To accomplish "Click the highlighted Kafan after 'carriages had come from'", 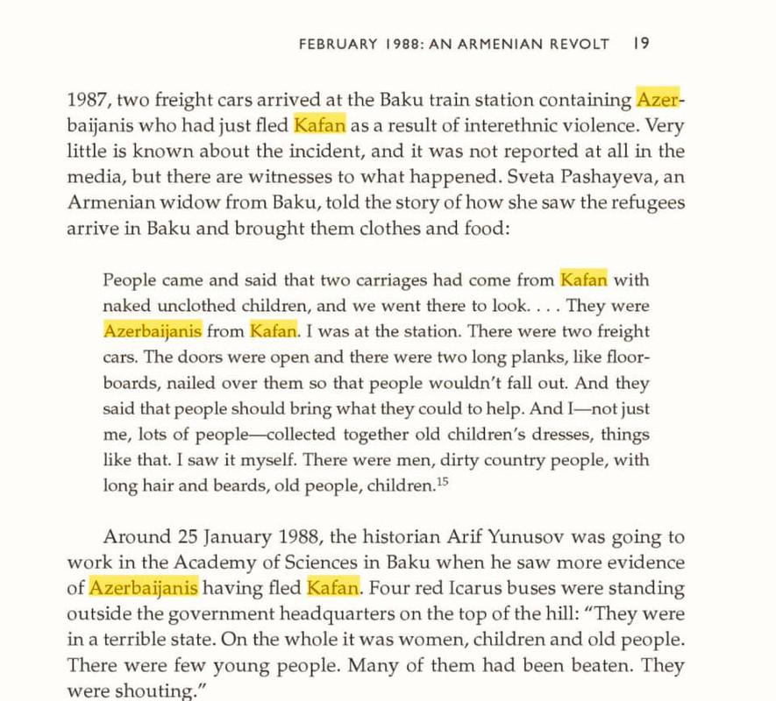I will coord(583,280).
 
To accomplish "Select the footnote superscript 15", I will coord(443,483).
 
